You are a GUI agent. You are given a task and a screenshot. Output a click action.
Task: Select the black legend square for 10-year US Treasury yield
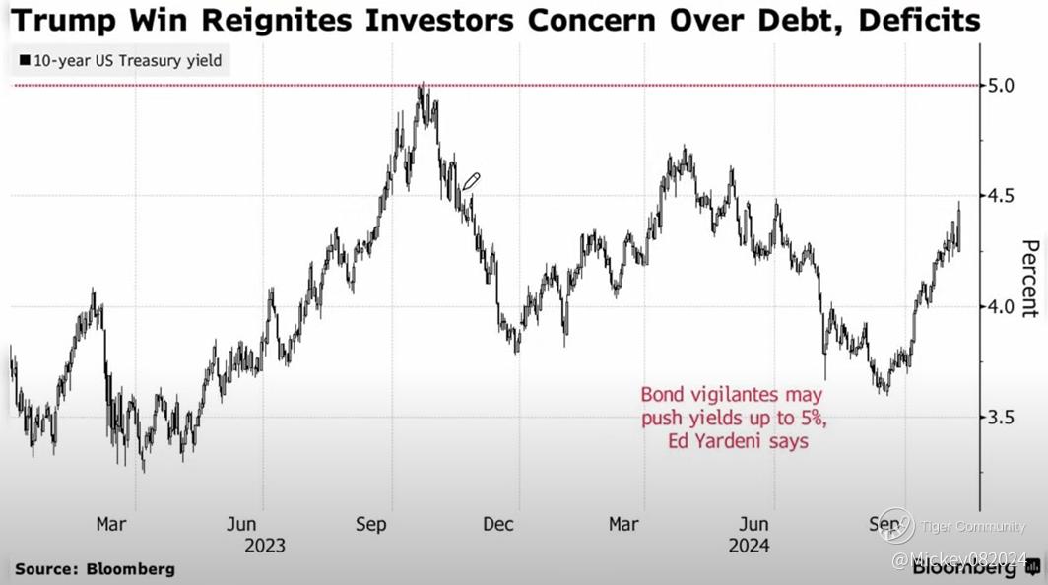[24, 61]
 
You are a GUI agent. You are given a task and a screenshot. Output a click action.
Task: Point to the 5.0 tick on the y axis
[1002, 86]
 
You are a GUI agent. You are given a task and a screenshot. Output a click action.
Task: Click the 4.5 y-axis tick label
[1002, 196]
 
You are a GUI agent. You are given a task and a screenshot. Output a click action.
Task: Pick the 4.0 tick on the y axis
[1002, 306]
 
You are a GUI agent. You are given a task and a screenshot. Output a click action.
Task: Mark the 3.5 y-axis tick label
[1002, 417]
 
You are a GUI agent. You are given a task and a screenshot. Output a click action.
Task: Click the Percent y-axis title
[1028, 279]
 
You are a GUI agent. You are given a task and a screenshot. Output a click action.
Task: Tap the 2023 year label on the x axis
[265, 545]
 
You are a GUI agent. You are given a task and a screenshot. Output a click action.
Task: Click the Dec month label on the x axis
[498, 524]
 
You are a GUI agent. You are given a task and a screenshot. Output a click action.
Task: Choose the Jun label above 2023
[243, 524]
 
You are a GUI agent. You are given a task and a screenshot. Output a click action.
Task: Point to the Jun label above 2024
[755, 524]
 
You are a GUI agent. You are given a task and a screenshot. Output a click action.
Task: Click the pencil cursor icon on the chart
[471, 181]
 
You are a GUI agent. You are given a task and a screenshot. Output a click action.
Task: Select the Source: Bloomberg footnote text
[95, 569]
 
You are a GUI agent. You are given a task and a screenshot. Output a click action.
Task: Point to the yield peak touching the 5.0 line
[422, 89]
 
